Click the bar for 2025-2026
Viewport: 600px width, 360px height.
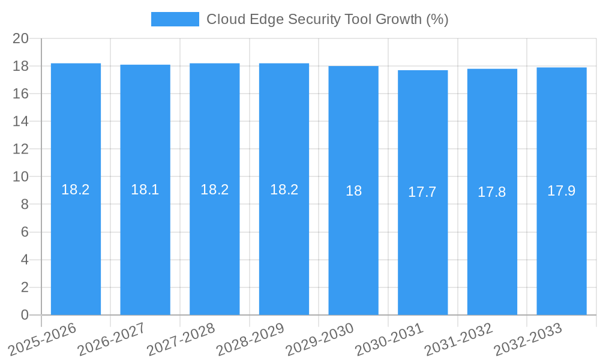[76, 189]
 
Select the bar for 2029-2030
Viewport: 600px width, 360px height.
[353, 190]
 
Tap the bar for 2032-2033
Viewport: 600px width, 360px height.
[562, 191]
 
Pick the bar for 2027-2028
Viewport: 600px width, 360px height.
[215, 189]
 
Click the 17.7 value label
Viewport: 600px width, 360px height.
[422, 192]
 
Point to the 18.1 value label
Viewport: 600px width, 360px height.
[145, 190]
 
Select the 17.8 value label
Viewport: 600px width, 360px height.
[492, 192]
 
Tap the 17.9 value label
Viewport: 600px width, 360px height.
[562, 191]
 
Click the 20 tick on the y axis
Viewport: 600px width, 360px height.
[21, 38]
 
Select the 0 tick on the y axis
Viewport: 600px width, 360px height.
[25, 315]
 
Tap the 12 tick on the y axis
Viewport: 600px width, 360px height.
[21, 149]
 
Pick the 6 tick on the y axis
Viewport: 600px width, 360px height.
[25, 232]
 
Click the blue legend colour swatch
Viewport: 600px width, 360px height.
[175, 19]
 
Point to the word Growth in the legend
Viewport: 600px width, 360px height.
[398, 19]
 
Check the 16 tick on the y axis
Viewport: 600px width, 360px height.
[21, 94]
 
